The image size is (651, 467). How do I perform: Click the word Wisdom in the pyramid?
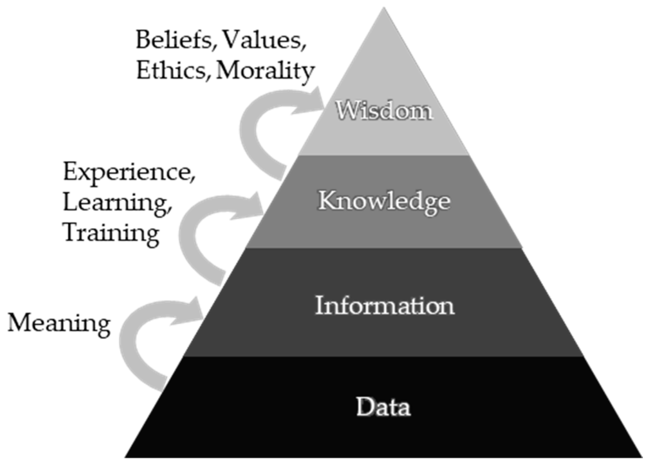tap(384, 110)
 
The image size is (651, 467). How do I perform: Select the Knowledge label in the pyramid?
tap(384, 201)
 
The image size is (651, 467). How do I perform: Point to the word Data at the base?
tap(383, 406)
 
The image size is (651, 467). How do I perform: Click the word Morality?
tap(265, 71)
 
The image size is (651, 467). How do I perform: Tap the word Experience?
tap(128, 172)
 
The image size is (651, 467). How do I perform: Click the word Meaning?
tap(59, 323)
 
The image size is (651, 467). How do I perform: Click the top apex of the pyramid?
tap(384, 9)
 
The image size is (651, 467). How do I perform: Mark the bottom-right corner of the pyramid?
tap(641, 456)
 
